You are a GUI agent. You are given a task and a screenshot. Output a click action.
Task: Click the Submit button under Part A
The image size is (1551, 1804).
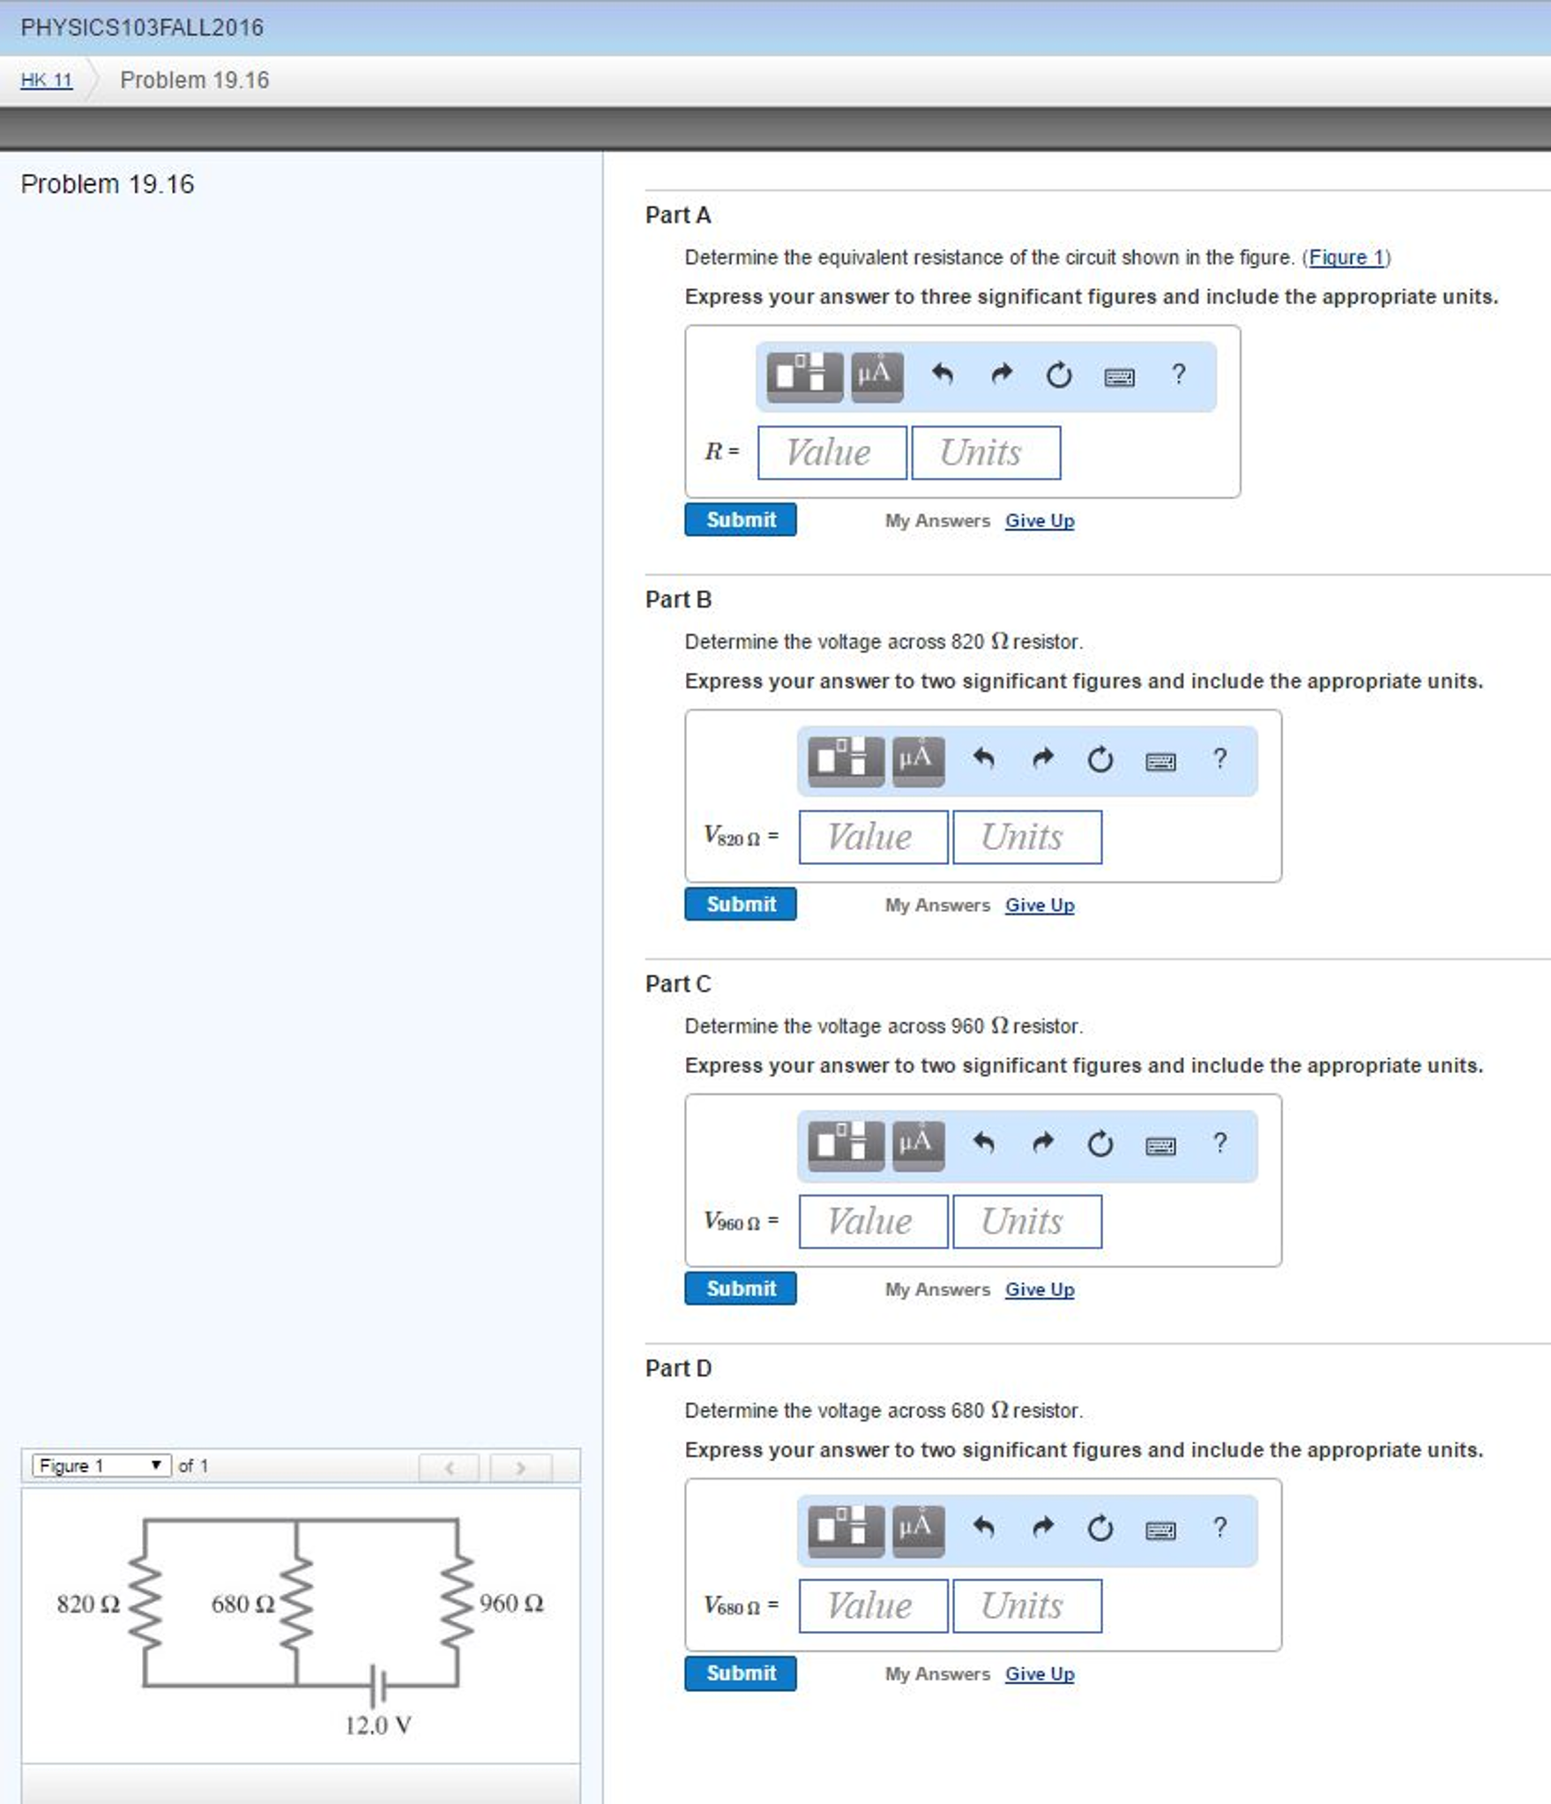[x=740, y=519]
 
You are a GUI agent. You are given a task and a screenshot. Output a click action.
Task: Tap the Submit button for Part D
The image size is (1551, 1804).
[x=740, y=1673]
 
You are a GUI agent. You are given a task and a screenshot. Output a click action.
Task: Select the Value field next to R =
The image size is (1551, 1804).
[x=831, y=453]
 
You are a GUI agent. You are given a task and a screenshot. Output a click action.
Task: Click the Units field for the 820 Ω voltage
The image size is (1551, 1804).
[x=1026, y=837]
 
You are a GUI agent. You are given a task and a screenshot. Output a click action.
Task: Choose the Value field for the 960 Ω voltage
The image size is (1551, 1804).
[x=873, y=1221]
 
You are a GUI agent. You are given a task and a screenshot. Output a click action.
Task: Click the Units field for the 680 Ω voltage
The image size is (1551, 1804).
[x=1026, y=1606]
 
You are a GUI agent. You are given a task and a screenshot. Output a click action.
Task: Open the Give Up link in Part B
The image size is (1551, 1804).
[x=1040, y=905]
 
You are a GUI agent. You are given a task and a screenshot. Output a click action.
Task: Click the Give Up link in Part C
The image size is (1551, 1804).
[x=1040, y=1289]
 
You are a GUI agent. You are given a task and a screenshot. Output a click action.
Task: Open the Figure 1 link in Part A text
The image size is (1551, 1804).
[x=1346, y=257]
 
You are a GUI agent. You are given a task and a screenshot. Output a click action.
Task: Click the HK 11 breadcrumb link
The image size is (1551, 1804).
[x=46, y=80]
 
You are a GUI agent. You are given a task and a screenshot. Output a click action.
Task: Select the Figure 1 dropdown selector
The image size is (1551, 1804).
[x=101, y=1465]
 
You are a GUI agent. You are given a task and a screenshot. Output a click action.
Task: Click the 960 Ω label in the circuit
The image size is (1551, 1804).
[x=511, y=1603]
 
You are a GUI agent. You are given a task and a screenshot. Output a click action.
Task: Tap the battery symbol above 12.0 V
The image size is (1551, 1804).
[x=377, y=1685]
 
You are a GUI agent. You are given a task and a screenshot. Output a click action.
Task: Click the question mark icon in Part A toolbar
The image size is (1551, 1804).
[x=1178, y=375]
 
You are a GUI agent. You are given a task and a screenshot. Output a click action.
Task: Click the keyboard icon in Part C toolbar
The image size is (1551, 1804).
[x=1160, y=1145]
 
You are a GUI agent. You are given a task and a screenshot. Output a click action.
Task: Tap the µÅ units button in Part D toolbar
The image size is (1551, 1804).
[x=918, y=1528]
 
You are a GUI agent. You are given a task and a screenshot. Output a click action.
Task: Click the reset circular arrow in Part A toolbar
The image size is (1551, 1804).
[x=1059, y=376]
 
